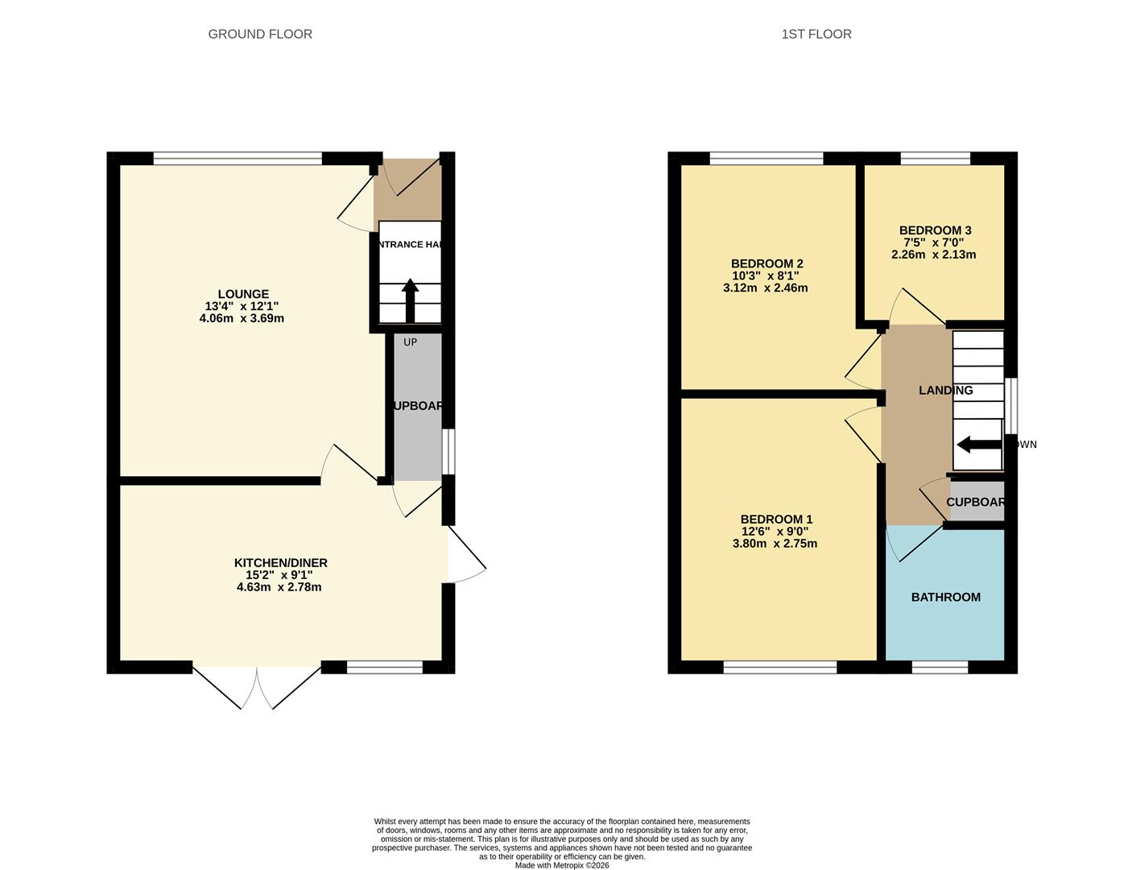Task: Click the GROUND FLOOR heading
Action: pyautogui.click(x=259, y=34)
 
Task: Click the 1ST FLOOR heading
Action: pyautogui.click(x=816, y=34)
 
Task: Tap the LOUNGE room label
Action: pyautogui.click(x=243, y=294)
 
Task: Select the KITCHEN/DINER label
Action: pyautogui.click(x=280, y=562)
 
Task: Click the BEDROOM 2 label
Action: pyautogui.click(x=767, y=263)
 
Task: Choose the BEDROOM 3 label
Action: pyautogui.click(x=935, y=230)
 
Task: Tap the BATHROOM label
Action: pyautogui.click(x=945, y=597)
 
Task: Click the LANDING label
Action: pyautogui.click(x=945, y=390)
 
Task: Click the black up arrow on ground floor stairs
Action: pyautogui.click(x=410, y=300)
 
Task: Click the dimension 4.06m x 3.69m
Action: pyautogui.click(x=242, y=318)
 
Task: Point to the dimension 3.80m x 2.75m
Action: pyautogui.click(x=775, y=544)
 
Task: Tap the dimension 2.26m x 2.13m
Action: pyautogui.click(x=933, y=255)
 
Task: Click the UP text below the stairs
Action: pyautogui.click(x=410, y=342)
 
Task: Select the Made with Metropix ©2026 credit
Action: pyautogui.click(x=562, y=865)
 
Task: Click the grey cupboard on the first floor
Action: pyautogui.click(x=977, y=501)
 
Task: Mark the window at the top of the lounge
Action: pyautogui.click(x=238, y=159)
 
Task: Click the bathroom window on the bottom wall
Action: pyautogui.click(x=940, y=667)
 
